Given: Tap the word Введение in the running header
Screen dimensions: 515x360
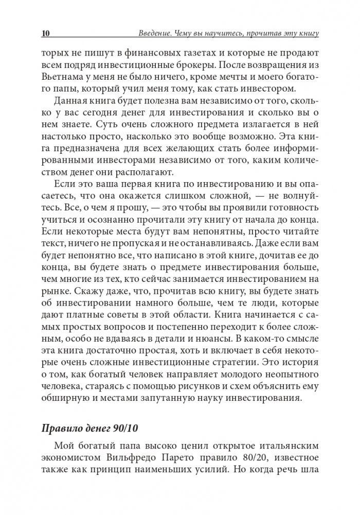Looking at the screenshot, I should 157,33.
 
